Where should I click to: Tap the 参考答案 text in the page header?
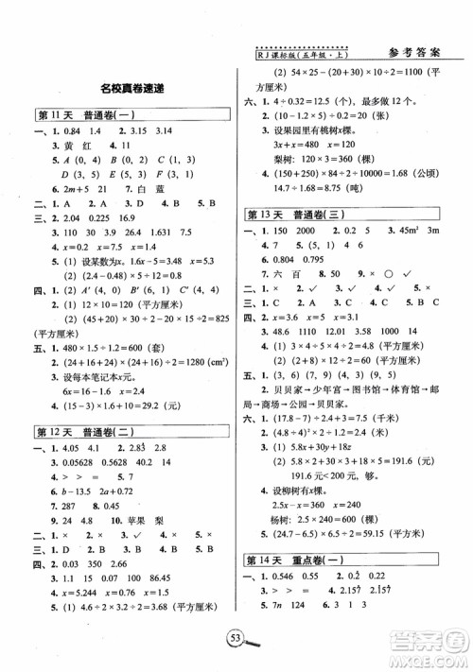(x=417, y=54)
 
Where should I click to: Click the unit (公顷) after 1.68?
(x=425, y=173)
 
